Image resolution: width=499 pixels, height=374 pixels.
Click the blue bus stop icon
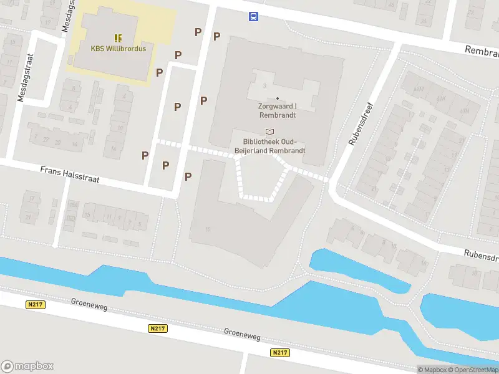click(x=253, y=17)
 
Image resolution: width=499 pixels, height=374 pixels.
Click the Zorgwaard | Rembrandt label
click(x=278, y=110)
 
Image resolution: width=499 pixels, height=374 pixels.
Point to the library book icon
click(x=269, y=131)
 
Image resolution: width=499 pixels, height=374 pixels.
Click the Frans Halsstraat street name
click(x=70, y=175)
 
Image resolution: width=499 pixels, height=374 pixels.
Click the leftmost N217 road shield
click(x=35, y=304)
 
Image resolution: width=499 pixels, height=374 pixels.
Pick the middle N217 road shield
click(x=157, y=328)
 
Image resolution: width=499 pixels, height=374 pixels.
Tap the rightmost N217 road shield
click(x=280, y=353)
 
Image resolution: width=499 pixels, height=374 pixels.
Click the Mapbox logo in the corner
click(x=27, y=366)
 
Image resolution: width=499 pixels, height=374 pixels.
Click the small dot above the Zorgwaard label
click(x=278, y=98)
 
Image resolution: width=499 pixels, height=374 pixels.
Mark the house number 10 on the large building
click(x=208, y=229)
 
